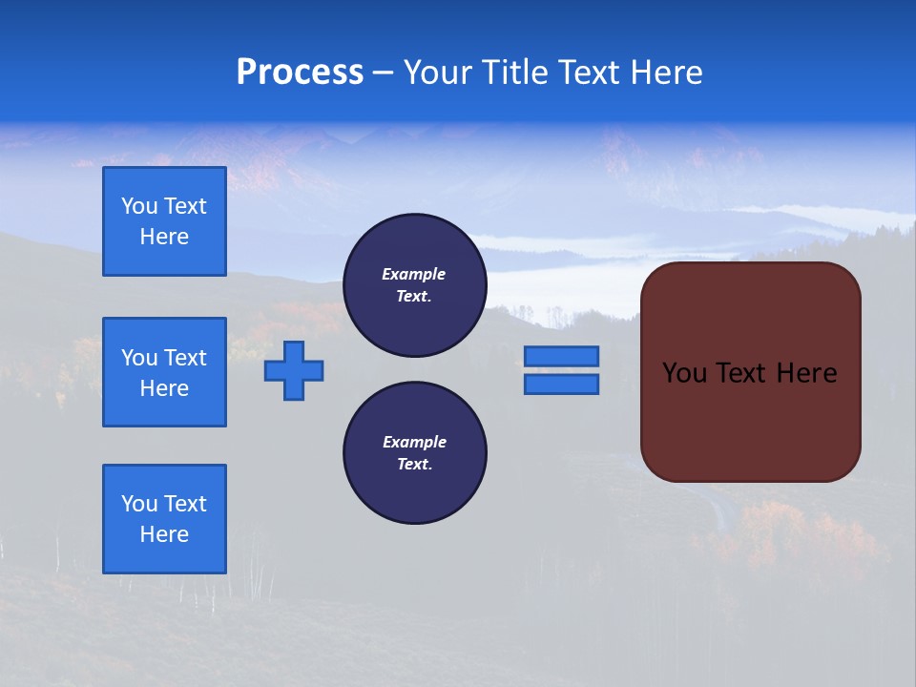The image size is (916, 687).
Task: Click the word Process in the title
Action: [300, 73]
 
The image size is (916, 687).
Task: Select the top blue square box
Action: [164, 221]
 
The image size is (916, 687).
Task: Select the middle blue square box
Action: [164, 372]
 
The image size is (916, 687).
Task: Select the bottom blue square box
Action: [164, 519]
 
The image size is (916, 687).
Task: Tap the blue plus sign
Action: [294, 370]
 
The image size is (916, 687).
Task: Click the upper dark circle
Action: [415, 285]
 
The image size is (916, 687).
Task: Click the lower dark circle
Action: [415, 453]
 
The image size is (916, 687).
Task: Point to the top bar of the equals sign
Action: [561, 356]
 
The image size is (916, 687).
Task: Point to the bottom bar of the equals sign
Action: [561, 384]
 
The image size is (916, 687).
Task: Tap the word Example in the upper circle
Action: [414, 275]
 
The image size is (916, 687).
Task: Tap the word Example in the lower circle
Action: [414, 443]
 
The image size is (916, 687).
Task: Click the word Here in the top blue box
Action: [164, 237]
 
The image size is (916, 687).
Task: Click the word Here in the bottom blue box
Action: [164, 534]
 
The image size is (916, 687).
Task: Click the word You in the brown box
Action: [684, 373]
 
